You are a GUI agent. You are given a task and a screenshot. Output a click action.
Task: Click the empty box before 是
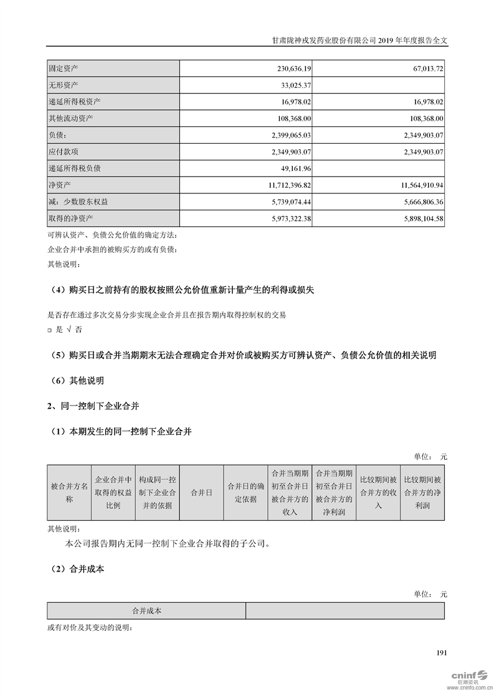[x=50, y=330]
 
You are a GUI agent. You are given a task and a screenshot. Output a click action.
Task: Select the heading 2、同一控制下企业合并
[x=93, y=406]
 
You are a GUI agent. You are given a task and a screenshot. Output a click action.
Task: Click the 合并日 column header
[x=201, y=492]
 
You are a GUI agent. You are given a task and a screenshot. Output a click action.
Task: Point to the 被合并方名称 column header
[x=69, y=492]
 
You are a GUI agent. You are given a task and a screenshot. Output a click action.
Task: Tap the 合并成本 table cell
[x=146, y=611]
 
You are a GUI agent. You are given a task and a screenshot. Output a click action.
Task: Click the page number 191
[x=442, y=653]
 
